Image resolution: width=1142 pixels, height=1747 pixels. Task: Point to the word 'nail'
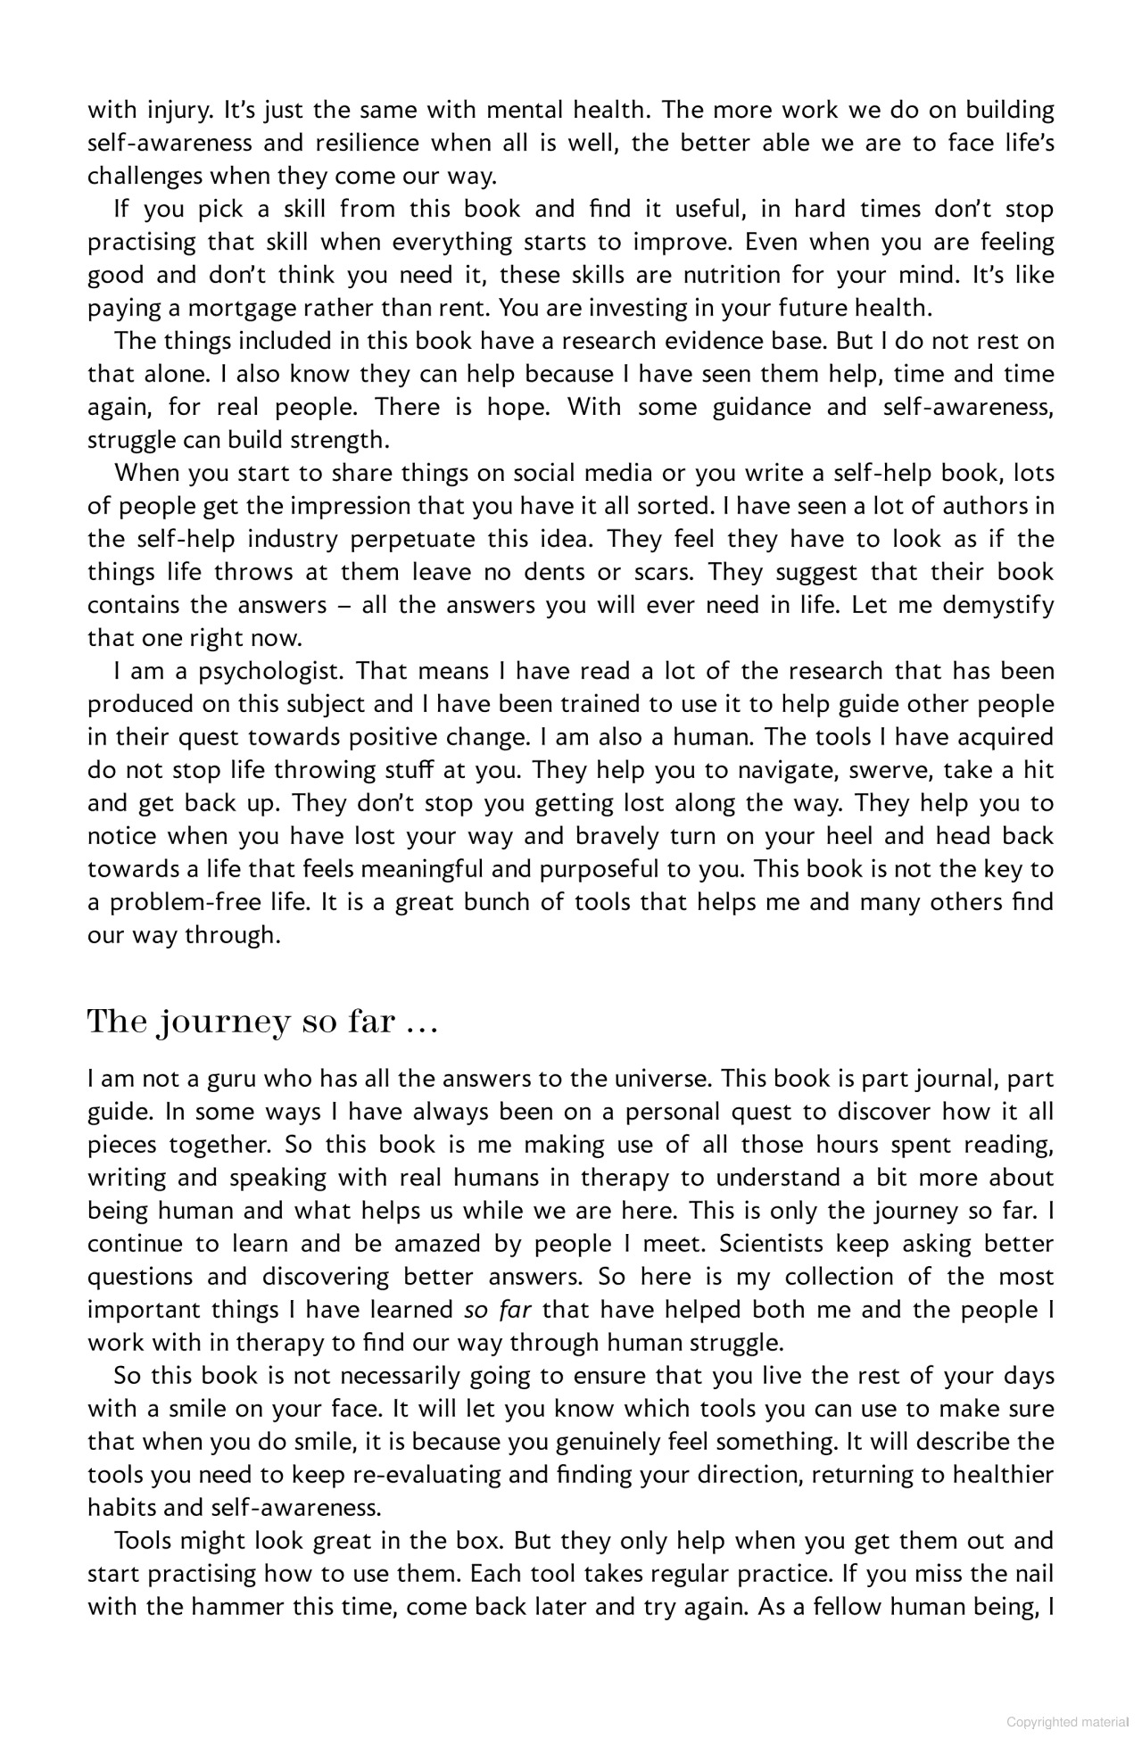point(1034,1574)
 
